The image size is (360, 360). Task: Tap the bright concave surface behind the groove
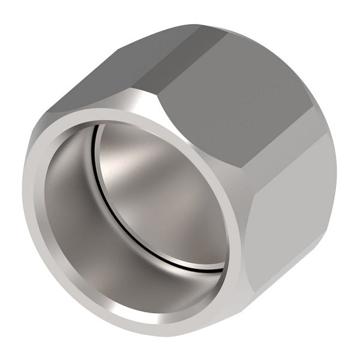[162, 186]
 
